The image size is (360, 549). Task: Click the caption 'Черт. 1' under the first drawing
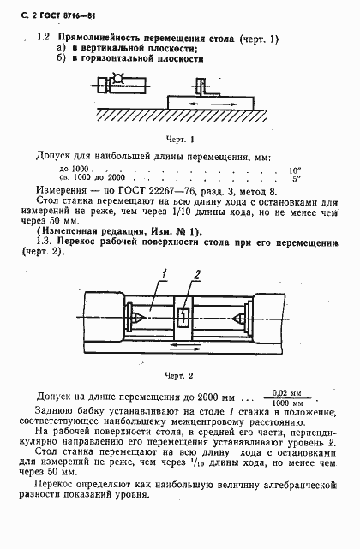tap(181, 138)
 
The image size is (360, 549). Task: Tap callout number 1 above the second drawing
tap(159, 273)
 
